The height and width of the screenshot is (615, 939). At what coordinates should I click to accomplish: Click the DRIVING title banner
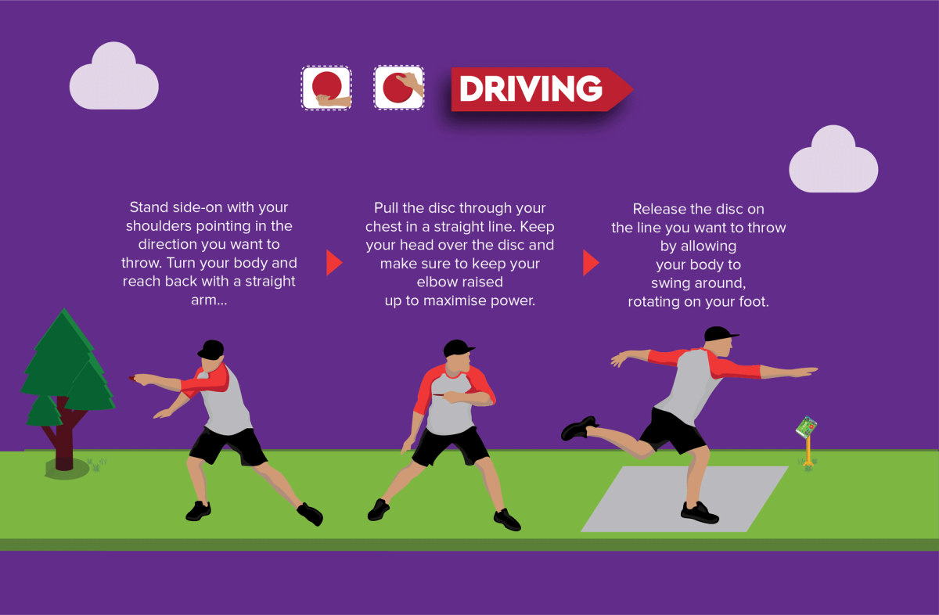click(x=541, y=89)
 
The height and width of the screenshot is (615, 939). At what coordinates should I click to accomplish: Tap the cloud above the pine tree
click(x=113, y=77)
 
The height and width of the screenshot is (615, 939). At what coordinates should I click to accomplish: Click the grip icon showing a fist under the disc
click(x=326, y=88)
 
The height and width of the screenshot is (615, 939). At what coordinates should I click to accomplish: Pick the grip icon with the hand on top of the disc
click(x=398, y=88)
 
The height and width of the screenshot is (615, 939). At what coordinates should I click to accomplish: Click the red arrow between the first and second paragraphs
click(x=334, y=263)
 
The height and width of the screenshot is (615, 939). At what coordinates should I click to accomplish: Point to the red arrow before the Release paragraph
click(x=591, y=263)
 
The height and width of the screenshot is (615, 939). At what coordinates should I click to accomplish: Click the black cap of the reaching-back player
click(x=211, y=349)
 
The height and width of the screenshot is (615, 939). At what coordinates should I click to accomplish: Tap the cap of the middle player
click(x=458, y=348)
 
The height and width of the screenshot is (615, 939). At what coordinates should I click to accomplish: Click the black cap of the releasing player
click(x=720, y=334)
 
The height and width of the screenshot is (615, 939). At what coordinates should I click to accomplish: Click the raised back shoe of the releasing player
click(x=579, y=429)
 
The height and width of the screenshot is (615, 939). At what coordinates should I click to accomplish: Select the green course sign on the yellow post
click(x=806, y=427)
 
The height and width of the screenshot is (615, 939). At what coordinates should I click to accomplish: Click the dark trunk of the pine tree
click(x=63, y=436)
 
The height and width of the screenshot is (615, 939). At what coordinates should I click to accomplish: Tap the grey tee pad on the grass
click(x=685, y=499)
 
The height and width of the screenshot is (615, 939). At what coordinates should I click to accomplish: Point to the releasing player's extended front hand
click(x=804, y=372)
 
